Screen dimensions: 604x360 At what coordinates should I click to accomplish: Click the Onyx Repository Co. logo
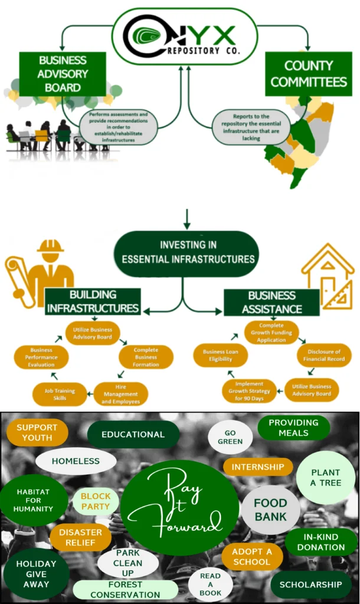[184, 36]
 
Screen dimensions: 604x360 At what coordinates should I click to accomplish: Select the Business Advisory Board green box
[62, 74]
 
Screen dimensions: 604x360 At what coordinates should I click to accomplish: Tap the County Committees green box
[307, 74]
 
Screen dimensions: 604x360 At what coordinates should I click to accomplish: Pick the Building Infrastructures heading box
[93, 301]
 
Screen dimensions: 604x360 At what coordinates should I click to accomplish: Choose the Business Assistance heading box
[271, 301]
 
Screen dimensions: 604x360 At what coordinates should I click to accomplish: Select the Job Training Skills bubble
[60, 393]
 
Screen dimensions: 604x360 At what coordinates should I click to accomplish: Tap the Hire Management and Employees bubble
[120, 394]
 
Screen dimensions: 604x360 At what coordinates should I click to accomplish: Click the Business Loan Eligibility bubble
[221, 355]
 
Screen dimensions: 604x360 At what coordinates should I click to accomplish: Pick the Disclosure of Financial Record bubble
[324, 355]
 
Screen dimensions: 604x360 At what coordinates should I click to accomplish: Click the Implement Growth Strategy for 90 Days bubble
[248, 390]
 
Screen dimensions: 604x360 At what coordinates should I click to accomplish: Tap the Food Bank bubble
[270, 510]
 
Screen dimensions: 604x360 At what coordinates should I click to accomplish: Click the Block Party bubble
[96, 501]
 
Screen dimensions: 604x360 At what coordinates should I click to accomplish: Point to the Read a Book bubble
[211, 584]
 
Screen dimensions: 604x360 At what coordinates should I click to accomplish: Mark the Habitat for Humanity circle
[34, 500]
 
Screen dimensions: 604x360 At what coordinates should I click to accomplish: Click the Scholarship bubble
[310, 585]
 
